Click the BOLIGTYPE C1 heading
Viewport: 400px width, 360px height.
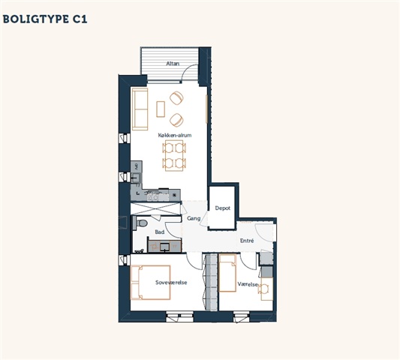point(45,19)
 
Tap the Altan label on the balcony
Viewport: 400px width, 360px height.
point(173,64)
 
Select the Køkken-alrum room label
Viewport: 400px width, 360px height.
point(175,135)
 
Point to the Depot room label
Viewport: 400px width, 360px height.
point(222,208)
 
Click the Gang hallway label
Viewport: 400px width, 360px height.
point(194,218)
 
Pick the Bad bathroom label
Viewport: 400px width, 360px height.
point(160,232)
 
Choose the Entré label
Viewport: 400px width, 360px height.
point(247,241)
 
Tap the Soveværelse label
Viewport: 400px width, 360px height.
point(171,282)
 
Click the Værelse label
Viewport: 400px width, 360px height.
point(248,284)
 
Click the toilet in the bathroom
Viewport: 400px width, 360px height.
point(140,223)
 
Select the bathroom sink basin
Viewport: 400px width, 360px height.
point(164,247)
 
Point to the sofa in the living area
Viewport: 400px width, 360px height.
point(140,109)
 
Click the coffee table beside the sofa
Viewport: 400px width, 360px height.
point(161,109)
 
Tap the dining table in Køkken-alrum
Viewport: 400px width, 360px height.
point(174,155)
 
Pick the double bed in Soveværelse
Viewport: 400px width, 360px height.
point(150,282)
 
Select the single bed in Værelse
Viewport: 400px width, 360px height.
point(227,273)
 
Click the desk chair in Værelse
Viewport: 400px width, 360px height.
point(263,289)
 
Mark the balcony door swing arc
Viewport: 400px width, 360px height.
point(188,70)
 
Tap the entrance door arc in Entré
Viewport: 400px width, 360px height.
point(262,234)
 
